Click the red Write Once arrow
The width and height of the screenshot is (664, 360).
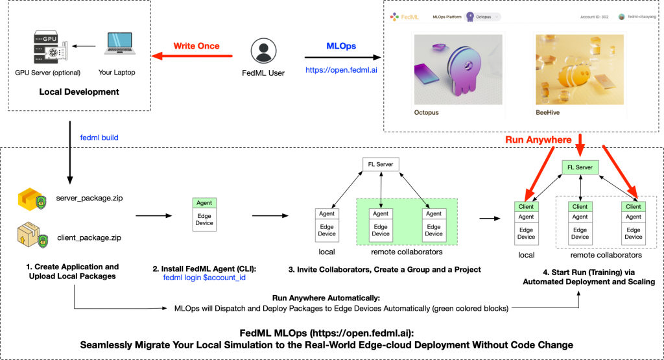[195, 57]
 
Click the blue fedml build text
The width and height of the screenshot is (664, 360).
[99, 138]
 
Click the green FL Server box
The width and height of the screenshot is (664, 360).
[580, 167]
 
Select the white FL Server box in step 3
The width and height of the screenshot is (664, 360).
[381, 165]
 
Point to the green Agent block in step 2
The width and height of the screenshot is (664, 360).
[204, 203]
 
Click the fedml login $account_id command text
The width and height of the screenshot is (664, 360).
[204, 278]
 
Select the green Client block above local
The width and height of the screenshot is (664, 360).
[526, 206]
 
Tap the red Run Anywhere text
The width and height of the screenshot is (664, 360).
[539, 139]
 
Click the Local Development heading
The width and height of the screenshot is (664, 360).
[79, 91]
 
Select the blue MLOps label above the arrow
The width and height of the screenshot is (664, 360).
[341, 47]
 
